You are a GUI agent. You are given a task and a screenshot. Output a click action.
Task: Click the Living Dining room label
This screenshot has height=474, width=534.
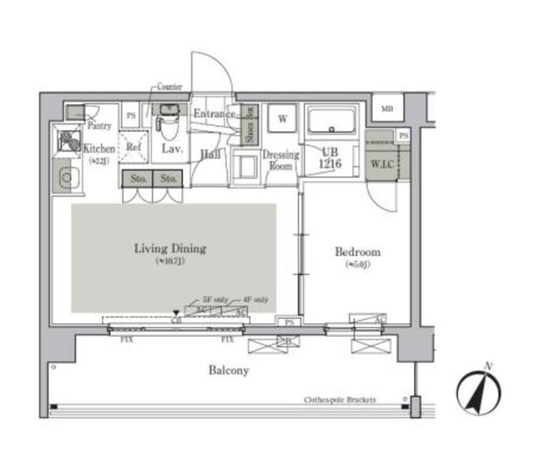(170, 248)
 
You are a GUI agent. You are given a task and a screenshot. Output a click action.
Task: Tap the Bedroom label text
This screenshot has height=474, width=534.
(357, 252)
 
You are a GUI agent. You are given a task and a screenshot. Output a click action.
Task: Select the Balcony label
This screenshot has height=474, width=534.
(228, 370)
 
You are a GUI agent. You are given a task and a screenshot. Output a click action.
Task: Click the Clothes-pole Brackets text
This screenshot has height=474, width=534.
(340, 400)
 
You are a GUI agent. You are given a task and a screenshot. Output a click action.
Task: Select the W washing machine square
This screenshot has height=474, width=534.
(282, 119)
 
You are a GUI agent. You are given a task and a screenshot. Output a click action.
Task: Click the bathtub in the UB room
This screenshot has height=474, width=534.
(331, 122)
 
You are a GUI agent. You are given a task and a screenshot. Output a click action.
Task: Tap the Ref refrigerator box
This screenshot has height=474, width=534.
(133, 147)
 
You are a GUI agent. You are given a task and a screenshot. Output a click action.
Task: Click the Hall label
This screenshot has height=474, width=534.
(209, 153)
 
